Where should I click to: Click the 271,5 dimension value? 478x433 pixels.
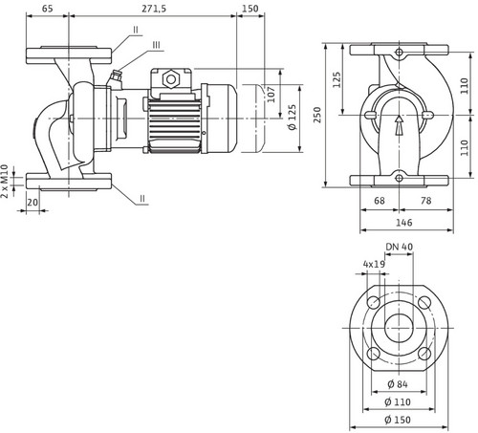tap(154, 9)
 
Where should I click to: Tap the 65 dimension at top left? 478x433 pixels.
tap(47, 9)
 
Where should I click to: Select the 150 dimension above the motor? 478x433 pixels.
tap(250, 9)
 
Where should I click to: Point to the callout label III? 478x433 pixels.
tap(156, 45)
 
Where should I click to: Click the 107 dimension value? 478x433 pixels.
tap(271, 95)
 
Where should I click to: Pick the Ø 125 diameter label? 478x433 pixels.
tap(292, 118)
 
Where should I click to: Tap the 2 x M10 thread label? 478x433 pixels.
tap(4, 181)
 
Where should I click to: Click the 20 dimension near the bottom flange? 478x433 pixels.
tap(33, 202)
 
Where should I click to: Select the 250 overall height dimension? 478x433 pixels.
tap(317, 115)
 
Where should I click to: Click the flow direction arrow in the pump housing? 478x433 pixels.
tap(399, 125)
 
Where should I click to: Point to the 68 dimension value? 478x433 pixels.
tap(380, 201)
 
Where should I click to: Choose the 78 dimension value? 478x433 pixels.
tap(426, 201)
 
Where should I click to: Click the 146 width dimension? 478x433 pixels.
tap(404, 223)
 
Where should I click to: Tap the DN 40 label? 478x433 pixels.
tap(400, 247)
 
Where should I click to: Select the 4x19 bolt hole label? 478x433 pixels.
tap(374, 264)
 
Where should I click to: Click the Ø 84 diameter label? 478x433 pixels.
tap(398, 384)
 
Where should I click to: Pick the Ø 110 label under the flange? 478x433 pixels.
tap(398, 402)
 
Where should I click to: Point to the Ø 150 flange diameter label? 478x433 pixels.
tap(398, 420)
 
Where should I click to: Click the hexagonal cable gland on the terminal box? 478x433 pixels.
tap(171, 79)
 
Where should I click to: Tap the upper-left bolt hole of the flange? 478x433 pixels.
tap(373, 302)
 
